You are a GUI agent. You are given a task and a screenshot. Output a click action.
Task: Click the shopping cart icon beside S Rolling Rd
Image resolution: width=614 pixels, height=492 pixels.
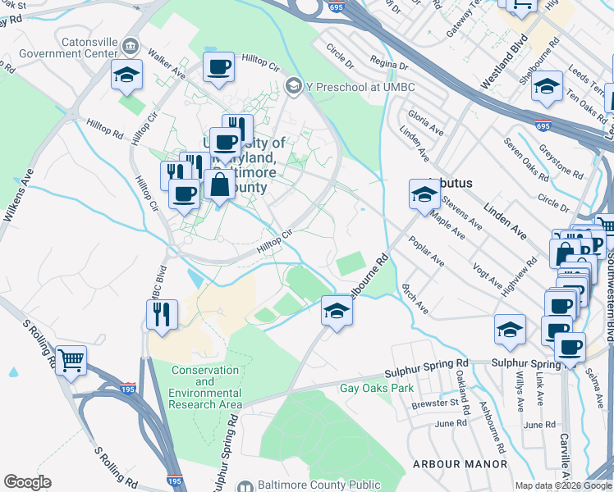(x=71, y=359)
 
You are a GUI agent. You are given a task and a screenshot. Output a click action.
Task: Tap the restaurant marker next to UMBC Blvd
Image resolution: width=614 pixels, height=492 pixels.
(x=162, y=314)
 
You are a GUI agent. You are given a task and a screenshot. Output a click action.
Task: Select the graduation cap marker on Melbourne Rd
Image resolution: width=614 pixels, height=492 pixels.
(x=336, y=310)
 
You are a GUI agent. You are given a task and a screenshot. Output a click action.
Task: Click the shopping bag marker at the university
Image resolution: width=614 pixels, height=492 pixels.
(x=220, y=184)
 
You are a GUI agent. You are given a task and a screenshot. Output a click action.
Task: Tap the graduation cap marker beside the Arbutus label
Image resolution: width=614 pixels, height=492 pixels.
(x=424, y=194)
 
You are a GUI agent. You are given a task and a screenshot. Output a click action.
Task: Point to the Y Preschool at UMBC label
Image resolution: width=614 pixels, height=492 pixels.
(x=347, y=85)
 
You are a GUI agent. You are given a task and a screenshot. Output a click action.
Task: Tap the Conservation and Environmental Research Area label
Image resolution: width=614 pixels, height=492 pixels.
(x=205, y=387)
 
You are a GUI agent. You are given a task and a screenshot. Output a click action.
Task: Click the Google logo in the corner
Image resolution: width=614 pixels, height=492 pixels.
(x=27, y=481)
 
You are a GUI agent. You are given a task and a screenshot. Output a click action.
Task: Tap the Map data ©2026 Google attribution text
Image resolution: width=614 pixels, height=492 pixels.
(x=562, y=485)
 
